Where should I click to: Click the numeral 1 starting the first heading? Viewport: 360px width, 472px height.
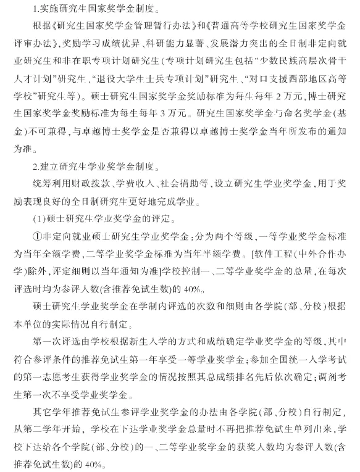(35, 10)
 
